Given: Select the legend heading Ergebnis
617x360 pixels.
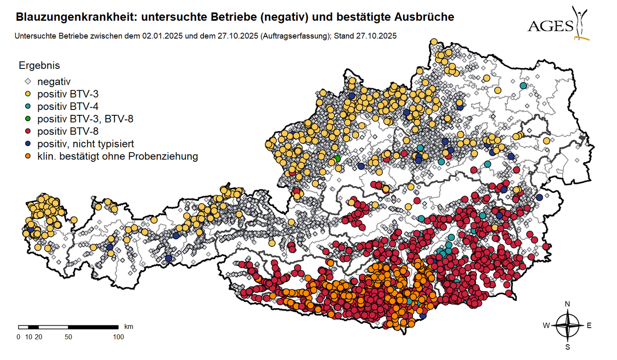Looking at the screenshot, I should coord(39,65).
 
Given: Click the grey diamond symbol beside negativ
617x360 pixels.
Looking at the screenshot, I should coord(28,82).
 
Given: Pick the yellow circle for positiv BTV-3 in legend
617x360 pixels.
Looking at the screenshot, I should coord(28,94).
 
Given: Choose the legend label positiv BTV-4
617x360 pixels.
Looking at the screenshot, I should coord(68,106).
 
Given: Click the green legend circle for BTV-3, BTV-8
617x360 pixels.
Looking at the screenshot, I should coord(28,119).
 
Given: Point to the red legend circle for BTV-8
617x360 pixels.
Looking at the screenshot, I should coord(28,131).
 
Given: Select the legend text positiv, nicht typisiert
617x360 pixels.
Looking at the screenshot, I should coord(86,144).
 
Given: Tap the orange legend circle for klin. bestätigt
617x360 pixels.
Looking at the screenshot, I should coord(28,156).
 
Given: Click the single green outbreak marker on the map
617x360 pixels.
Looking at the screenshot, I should coord(337,159).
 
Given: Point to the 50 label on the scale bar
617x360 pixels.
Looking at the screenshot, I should coord(68,337).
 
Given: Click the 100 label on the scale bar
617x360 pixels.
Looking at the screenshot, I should coord(118,337).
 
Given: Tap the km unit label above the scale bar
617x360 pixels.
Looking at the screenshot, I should coord(128,326).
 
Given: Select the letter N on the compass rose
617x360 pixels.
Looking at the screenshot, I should coord(567,304).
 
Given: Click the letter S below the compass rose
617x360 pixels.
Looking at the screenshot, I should coord(567,347).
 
